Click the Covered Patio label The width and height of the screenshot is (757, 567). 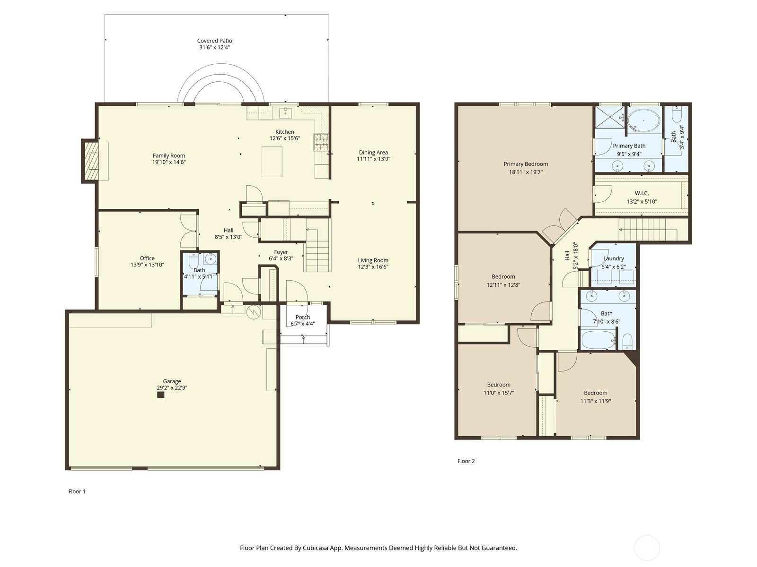click(x=214, y=41)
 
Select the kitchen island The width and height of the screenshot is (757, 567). click(x=272, y=162)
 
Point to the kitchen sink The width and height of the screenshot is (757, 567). click(x=286, y=112)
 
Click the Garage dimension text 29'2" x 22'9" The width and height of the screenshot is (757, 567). click(x=172, y=387)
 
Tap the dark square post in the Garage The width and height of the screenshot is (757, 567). click(x=160, y=395)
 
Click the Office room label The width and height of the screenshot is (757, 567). click(x=147, y=258)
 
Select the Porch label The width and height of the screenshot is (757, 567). click(x=303, y=317)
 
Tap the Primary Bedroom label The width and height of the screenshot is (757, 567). click(x=526, y=164)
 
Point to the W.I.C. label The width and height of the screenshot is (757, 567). click(x=642, y=193)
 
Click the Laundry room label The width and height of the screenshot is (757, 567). click(x=614, y=258)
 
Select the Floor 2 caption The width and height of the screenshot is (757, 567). click(x=466, y=461)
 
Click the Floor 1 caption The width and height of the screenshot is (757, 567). click(x=77, y=491)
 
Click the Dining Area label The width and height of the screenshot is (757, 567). click(x=373, y=152)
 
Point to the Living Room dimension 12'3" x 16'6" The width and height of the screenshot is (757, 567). click(x=373, y=266)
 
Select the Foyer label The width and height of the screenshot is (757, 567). click(x=281, y=252)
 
